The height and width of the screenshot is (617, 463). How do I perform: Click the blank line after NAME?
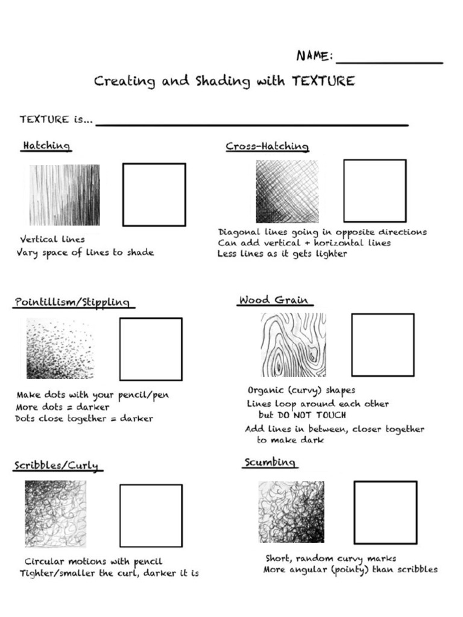click(389, 61)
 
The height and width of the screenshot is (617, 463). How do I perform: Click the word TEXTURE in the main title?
click(323, 81)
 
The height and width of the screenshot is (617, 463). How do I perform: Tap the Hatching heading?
click(46, 146)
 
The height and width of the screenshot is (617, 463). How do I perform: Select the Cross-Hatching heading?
click(267, 146)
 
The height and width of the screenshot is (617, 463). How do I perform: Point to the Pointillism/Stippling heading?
click(72, 302)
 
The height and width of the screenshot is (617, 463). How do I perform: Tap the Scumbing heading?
click(269, 462)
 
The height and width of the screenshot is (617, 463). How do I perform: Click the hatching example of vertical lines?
click(65, 195)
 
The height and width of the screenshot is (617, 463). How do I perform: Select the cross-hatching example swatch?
click(286, 191)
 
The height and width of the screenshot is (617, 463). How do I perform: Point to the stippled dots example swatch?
click(60, 349)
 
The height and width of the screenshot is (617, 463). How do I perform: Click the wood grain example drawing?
click(292, 344)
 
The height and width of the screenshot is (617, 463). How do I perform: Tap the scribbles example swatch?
click(55, 513)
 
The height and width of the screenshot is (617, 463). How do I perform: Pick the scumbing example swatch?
click(291, 512)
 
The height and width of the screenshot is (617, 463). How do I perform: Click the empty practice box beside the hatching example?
click(154, 195)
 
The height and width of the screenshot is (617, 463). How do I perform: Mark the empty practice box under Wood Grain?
click(382, 345)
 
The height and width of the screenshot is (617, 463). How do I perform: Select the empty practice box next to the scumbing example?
click(385, 512)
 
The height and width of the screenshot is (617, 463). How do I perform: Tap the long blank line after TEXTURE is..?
click(252, 124)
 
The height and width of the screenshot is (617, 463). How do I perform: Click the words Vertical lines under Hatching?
click(52, 239)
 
